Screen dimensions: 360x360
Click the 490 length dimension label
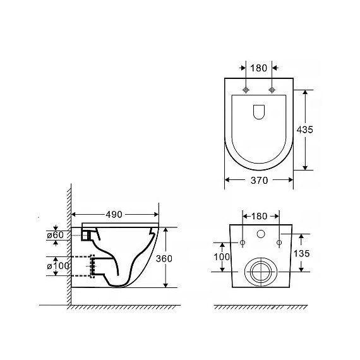point(114,214)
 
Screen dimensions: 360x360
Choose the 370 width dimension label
point(258,180)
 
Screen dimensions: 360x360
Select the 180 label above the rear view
point(260,215)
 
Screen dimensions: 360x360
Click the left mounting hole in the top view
point(246,89)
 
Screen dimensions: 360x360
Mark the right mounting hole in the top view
point(272,89)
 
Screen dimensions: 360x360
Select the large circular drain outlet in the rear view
point(260,271)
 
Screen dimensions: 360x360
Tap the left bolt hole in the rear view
point(242,243)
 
